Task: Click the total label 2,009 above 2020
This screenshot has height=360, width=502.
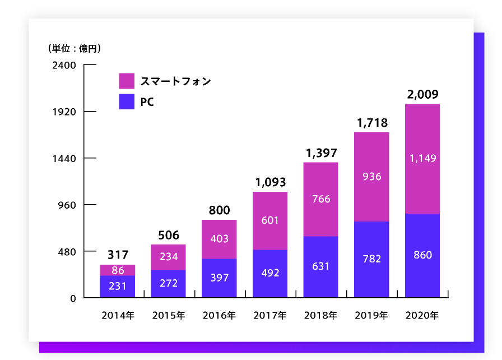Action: pyautogui.click(x=422, y=94)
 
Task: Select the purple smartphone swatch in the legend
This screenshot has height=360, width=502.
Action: pyautogui.click(x=127, y=81)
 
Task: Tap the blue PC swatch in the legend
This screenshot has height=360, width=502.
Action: pyautogui.click(x=127, y=101)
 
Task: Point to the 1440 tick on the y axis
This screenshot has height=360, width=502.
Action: pyautogui.click(x=64, y=158)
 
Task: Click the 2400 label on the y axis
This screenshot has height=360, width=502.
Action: pyautogui.click(x=64, y=65)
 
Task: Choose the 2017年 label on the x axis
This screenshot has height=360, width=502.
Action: pyautogui.click(x=270, y=316)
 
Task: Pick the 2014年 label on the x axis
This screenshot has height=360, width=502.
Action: pyautogui.click(x=118, y=316)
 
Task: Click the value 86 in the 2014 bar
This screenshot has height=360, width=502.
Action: pyautogui.click(x=118, y=270)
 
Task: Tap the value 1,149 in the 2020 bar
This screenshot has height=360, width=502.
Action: pyautogui.click(x=422, y=159)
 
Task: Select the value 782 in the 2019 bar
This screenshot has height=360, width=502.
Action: pyautogui.click(x=371, y=259)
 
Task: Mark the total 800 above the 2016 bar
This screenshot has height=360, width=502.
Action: pyautogui.click(x=219, y=210)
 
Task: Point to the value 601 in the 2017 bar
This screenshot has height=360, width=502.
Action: pyautogui.click(x=270, y=220)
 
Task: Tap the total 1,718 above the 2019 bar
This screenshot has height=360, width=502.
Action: pyautogui.click(x=371, y=122)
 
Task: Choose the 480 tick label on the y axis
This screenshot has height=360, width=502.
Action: pyautogui.click(x=66, y=251)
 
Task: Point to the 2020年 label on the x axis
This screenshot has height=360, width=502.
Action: pyautogui.click(x=422, y=316)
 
